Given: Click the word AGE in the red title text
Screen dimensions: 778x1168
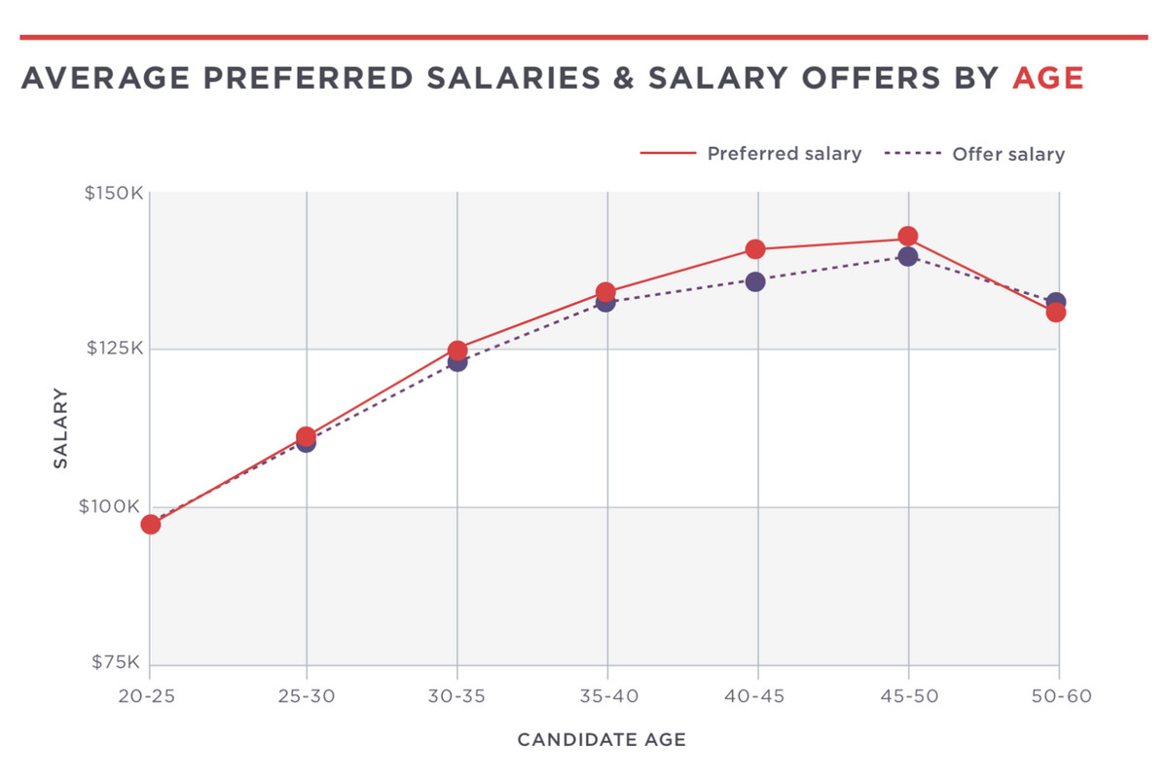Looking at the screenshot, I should coord(1047,78).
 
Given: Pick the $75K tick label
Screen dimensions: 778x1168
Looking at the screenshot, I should coord(118,662).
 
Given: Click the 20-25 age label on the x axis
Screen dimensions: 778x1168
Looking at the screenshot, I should coord(149,696).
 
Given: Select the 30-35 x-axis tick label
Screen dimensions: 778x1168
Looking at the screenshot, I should coord(456,696).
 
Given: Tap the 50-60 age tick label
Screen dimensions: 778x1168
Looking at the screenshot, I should coord(1059,696).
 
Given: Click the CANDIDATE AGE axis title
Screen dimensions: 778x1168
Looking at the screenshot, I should coord(602,740).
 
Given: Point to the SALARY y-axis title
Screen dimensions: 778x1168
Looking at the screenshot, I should coord(60,428).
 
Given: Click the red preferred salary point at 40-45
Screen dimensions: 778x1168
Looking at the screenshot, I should coord(755,249).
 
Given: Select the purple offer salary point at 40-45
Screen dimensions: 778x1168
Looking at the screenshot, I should coord(755,281).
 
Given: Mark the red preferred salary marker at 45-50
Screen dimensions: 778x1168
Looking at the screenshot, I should coord(908,237).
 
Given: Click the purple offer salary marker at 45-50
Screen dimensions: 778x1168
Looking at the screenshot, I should coord(908,257).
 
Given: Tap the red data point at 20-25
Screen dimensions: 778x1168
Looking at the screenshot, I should coord(150,524).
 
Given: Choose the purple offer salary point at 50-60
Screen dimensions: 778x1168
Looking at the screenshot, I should coord(1057,301).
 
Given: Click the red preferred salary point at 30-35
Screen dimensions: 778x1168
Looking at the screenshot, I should coord(457,351).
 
